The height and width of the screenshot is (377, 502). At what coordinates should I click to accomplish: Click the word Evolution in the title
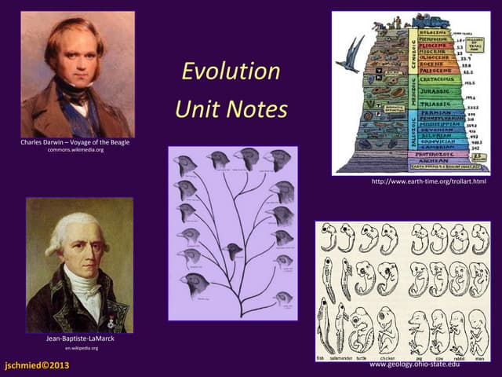(x=231, y=71)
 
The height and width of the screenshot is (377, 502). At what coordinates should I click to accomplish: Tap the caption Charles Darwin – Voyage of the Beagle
(x=75, y=142)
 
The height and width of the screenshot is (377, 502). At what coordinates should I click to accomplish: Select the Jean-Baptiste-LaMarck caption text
(x=79, y=339)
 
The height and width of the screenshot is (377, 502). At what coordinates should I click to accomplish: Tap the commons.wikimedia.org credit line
(x=75, y=150)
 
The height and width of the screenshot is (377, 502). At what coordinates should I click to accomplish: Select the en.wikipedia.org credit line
(x=79, y=347)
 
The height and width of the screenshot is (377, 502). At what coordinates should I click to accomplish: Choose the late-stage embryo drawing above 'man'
(x=478, y=330)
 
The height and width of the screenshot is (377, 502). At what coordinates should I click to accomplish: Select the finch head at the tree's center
(x=231, y=251)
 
